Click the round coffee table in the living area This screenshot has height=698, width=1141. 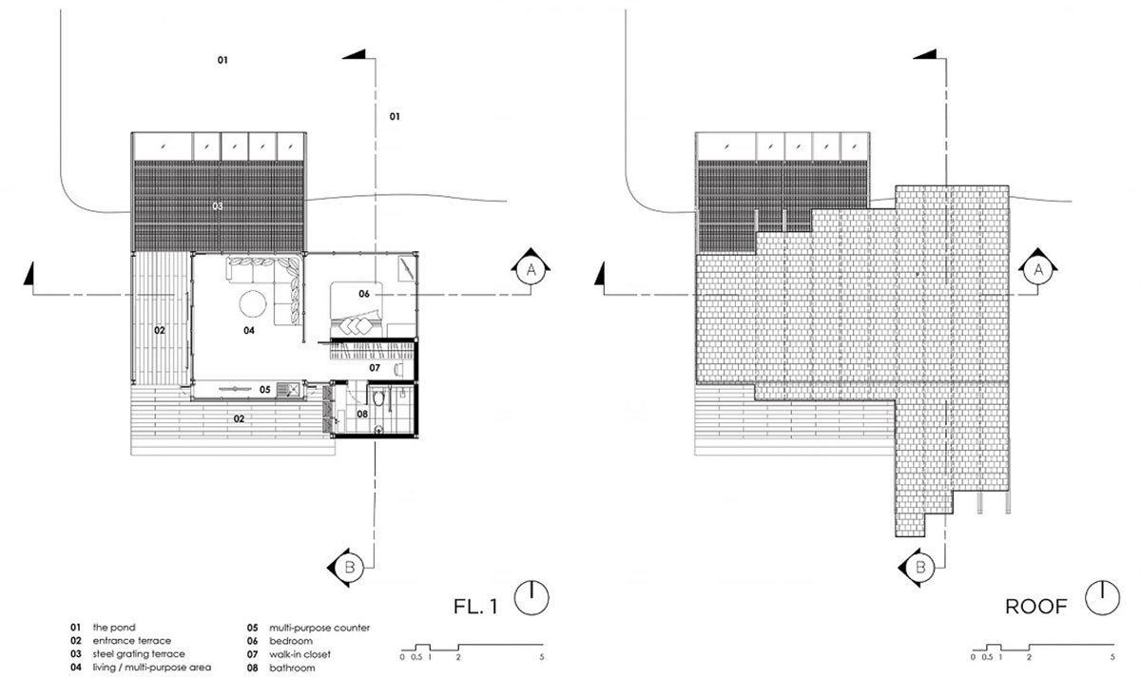pos(253,303)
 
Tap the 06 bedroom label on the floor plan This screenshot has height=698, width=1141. pos(363,294)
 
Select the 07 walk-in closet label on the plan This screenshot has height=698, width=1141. pos(375,368)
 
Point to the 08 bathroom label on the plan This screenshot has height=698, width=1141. pos(362,415)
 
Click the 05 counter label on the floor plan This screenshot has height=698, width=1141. pos(265,390)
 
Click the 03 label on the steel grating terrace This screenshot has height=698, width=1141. pos(218,206)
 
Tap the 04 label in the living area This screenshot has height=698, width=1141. pos(248,331)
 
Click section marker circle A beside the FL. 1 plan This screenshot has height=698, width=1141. pos(531,269)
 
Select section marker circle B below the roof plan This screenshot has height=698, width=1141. pos(920,568)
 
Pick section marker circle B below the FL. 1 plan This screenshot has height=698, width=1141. pos(350,567)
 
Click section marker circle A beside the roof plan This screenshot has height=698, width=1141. pos(1038,270)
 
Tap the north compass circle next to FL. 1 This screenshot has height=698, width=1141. pos(532,597)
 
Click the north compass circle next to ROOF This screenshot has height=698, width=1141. pos(1102,597)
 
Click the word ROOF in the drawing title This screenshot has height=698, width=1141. pos(1036,607)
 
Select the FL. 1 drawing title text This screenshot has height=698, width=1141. pos(475,607)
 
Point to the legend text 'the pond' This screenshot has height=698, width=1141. pos(114,628)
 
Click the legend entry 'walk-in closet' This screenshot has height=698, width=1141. pos(300,654)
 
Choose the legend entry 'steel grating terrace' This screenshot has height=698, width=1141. pos(139,653)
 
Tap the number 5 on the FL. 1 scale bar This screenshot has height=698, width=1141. pos(541,657)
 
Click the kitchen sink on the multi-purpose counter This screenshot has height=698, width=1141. pos(288,391)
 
